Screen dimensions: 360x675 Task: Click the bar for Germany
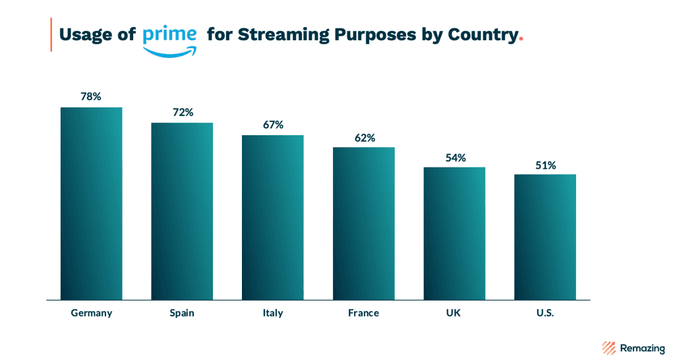91,203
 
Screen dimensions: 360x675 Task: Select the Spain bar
182,211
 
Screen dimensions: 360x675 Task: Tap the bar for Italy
272,217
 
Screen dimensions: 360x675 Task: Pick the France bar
363,223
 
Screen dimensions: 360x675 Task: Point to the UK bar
454,233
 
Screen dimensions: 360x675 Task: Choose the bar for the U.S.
544,237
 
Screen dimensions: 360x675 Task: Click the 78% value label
91,96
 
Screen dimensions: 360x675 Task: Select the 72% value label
183,112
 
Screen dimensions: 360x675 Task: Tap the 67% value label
273,125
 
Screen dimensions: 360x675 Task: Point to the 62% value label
364,138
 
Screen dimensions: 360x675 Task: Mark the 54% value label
455,158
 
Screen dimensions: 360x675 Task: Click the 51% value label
545,165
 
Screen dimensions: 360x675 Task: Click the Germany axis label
92,313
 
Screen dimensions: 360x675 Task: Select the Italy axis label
272,313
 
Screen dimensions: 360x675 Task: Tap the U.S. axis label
544,313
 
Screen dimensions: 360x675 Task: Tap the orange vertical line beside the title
51,35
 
